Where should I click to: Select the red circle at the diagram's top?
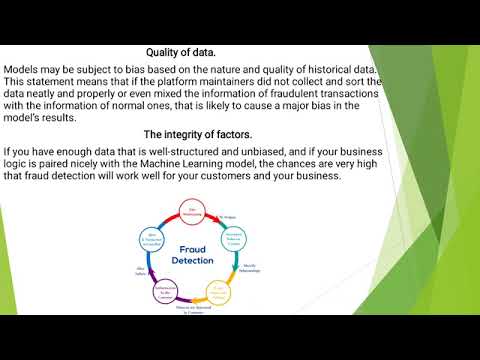coord(193,210)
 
